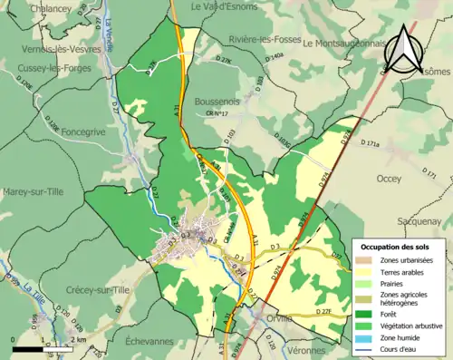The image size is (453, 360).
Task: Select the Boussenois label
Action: tap(217, 102)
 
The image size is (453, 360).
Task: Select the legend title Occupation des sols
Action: tap(396, 247)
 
